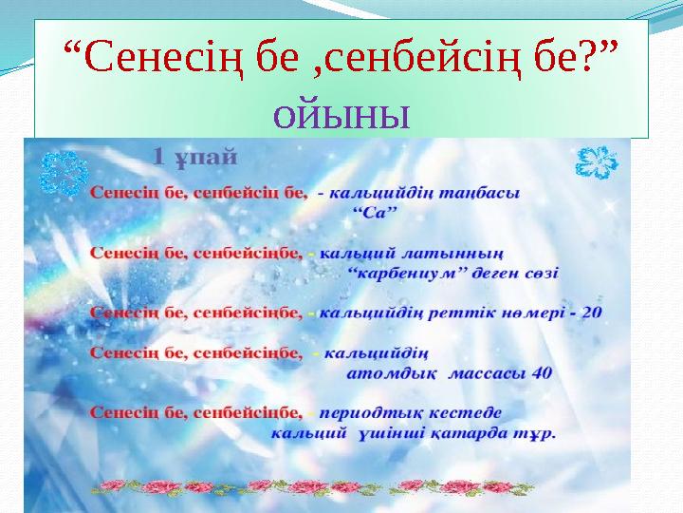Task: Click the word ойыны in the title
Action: click(x=341, y=116)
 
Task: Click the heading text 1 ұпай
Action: click(x=195, y=154)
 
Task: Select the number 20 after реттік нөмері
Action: click(x=590, y=313)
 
